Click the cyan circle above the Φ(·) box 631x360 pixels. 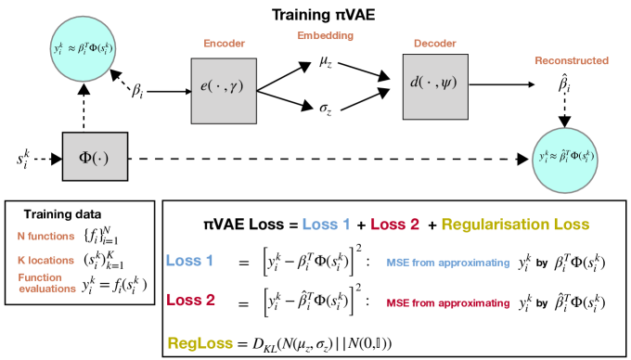click(x=84, y=47)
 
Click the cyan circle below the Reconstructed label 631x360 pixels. click(x=566, y=160)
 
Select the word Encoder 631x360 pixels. click(x=224, y=44)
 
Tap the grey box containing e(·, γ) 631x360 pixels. click(x=224, y=91)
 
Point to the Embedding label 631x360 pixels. click(x=325, y=36)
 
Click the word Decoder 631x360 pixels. click(x=434, y=44)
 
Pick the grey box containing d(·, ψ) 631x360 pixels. click(x=435, y=86)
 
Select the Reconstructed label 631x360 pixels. click(x=571, y=61)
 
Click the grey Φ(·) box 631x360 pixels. click(x=95, y=157)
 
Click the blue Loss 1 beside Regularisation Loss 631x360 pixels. click(x=326, y=225)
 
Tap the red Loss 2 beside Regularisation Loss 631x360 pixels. click(x=394, y=225)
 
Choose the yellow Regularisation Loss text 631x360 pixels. click(x=514, y=225)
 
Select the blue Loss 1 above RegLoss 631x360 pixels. click(x=189, y=261)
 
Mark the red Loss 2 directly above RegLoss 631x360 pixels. click(x=190, y=300)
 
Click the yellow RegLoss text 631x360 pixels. click(x=200, y=343)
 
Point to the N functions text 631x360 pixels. click(x=46, y=236)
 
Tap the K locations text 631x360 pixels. click(x=45, y=260)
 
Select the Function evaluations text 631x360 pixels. click(x=46, y=282)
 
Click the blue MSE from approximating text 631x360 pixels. click(x=447, y=263)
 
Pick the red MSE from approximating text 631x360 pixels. click(x=447, y=303)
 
